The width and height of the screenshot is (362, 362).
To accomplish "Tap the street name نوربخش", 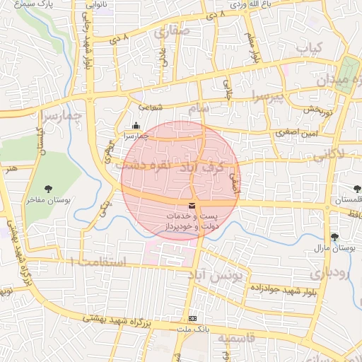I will point(319,110).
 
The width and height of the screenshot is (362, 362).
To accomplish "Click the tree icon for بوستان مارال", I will point(334,237).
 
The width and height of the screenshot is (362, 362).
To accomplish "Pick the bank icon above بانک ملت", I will point(193,319).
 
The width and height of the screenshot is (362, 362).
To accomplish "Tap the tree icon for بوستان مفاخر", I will point(48,189).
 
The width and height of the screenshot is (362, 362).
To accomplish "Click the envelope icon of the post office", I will point(193,204).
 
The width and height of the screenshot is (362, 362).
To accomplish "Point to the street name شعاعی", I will point(154,107).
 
